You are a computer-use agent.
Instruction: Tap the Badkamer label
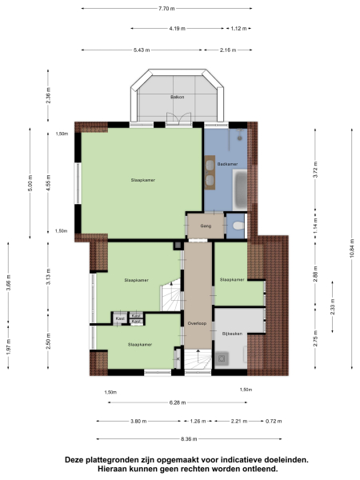(227, 164)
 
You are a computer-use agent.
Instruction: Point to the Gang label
(205, 226)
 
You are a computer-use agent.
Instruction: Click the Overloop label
(197, 323)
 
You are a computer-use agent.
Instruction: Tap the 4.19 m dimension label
(178, 29)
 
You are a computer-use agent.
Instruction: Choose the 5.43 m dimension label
(144, 50)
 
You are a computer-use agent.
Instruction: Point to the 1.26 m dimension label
(197, 421)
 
